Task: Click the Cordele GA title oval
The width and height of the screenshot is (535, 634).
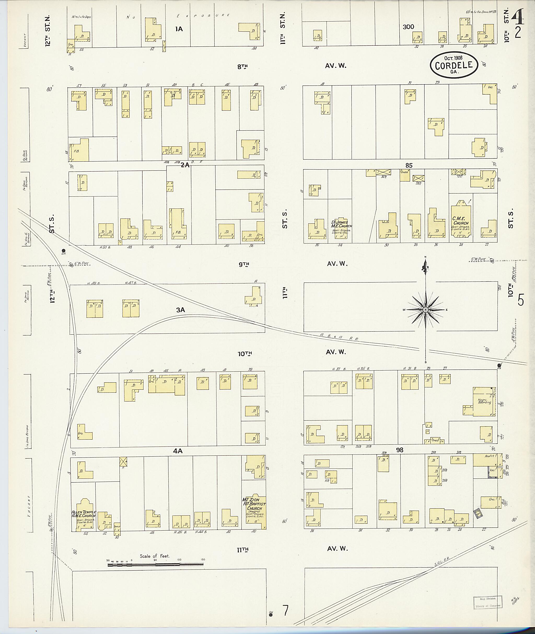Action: tap(454, 64)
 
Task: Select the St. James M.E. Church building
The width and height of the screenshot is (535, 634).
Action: tap(341, 228)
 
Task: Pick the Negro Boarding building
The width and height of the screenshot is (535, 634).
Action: tap(484, 401)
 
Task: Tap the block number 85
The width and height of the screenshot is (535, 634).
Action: tap(409, 165)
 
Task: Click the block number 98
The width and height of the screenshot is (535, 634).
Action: tap(399, 450)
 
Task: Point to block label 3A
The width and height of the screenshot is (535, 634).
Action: tap(180, 310)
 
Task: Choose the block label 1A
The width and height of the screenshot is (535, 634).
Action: tap(179, 29)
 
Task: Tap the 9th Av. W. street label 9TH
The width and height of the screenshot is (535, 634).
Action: tap(243, 264)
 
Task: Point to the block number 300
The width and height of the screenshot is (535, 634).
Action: tap(408, 27)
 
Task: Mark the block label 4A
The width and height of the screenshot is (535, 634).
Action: tap(177, 451)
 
